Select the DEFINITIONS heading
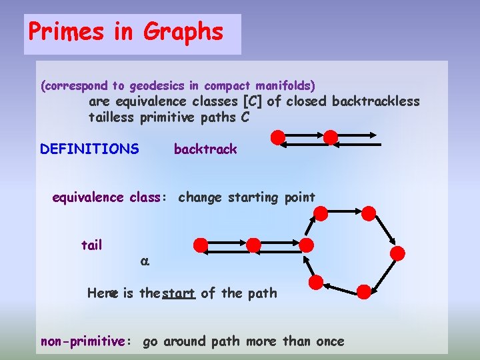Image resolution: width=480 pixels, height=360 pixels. tap(89, 149)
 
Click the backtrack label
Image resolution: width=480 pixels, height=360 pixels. tap(205, 149)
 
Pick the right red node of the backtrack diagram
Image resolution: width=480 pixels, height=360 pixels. tap(330, 137)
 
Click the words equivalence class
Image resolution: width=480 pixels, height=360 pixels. tap(106, 197)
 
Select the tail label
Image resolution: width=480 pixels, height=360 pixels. tap(91, 245)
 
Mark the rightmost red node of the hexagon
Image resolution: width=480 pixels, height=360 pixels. tap(397, 253)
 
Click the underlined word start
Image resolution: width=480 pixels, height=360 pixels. tap(178, 293)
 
